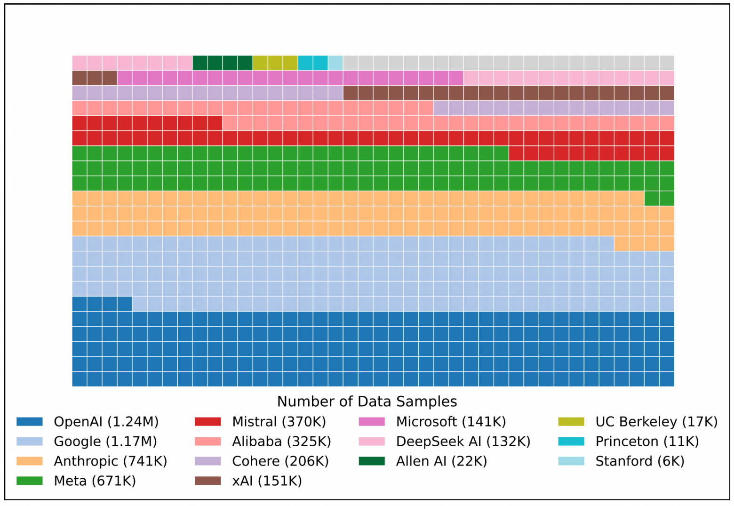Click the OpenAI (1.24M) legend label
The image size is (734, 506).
tap(106, 421)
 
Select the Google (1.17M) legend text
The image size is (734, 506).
tap(105, 441)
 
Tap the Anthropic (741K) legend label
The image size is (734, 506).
tap(111, 461)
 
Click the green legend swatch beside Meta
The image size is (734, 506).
tap(29, 481)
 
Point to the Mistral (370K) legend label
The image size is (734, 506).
tap(279, 421)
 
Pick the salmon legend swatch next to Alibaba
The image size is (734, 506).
tap(207, 441)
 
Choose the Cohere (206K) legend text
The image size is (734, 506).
tap(280, 461)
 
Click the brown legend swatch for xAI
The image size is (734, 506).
tap(207, 481)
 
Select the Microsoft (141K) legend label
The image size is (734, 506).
tap(451, 421)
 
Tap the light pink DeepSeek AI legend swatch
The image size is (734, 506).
tap(372, 441)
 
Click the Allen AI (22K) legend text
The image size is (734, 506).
tap(441, 461)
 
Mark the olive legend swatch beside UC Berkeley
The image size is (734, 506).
tap(571, 421)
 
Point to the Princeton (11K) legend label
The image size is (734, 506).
tap(647, 441)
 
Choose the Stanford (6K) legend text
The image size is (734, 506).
tap(640, 461)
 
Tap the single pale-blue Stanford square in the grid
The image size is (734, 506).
tap(335, 63)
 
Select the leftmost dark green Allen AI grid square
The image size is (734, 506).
tap(200, 63)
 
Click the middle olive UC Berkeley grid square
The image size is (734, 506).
tap(275, 63)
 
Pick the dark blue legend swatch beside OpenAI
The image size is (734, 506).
tap(29, 421)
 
